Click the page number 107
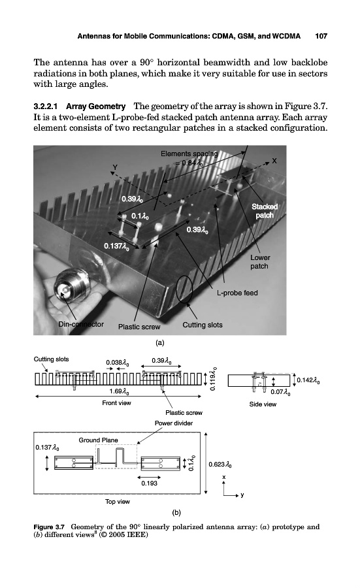tap(321, 37)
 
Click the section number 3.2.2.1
tap(45, 106)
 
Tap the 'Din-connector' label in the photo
tap(81, 324)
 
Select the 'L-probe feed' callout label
tap(237, 293)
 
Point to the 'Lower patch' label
tap(260, 262)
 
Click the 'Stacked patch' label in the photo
tap(265, 211)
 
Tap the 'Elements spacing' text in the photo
tap(189, 154)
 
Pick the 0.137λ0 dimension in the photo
tap(117, 246)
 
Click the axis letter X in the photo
tap(274, 161)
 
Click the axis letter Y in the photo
tap(115, 167)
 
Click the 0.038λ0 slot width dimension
tap(118, 363)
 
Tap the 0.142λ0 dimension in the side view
tap(308, 381)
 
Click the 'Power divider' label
tap(174, 423)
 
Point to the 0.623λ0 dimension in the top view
tap(220, 465)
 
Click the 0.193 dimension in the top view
tap(149, 483)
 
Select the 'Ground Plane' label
tap(98, 440)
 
